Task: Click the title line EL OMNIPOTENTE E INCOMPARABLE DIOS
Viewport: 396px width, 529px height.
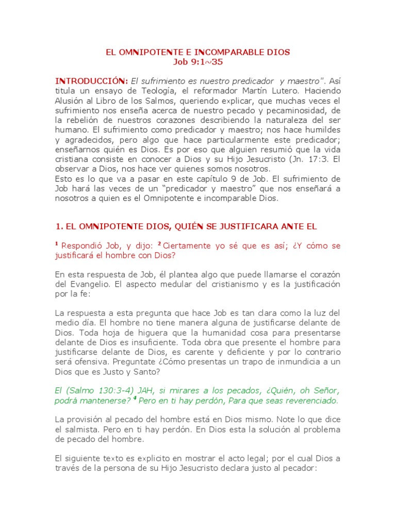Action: (x=198, y=52)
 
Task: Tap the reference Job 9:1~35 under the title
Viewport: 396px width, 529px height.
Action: (x=198, y=62)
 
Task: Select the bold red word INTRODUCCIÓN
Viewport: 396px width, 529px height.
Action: (x=91, y=81)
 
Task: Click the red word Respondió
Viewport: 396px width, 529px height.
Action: (x=82, y=246)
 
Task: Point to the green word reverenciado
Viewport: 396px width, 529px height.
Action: (x=307, y=400)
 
